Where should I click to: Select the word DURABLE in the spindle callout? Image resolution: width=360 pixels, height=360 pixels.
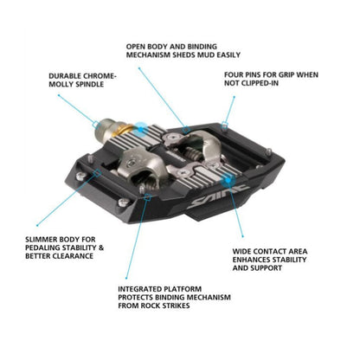[x=65, y=76]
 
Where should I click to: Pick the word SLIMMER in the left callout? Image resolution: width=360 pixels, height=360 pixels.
[x=42, y=237]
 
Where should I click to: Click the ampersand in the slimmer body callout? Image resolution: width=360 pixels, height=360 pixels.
[x=104, y=247]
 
